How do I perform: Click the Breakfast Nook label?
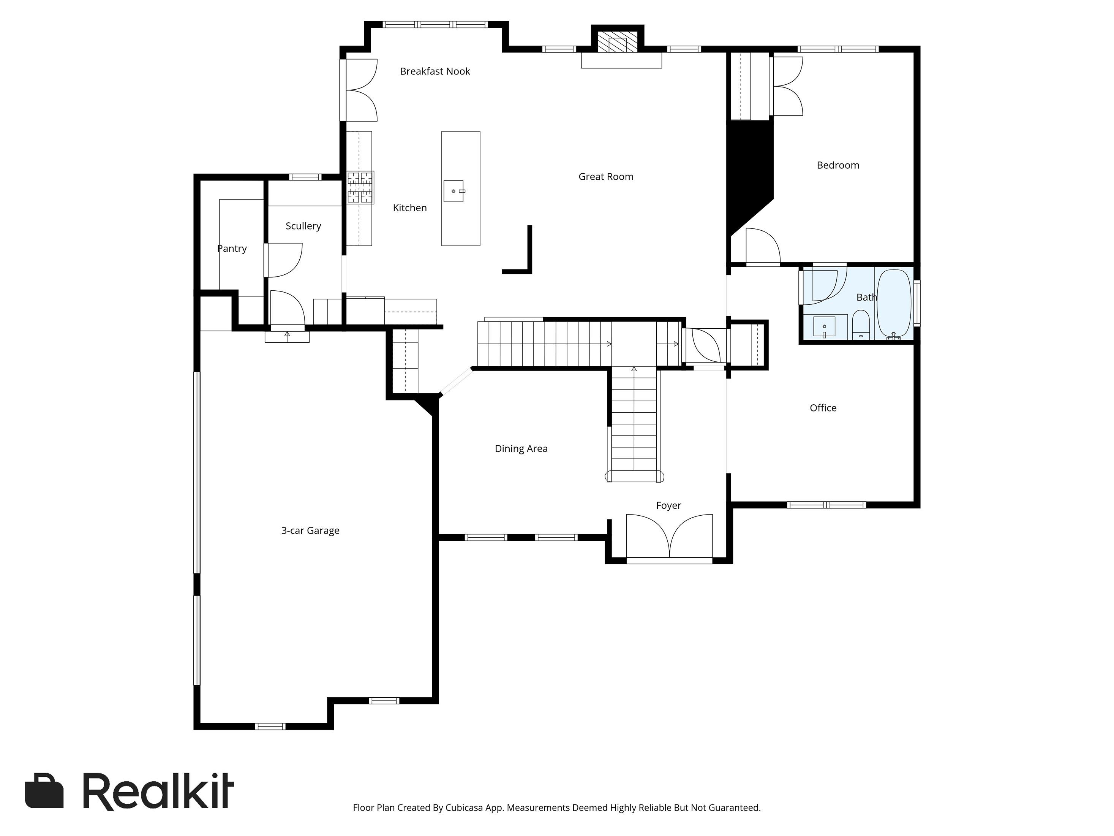pos(435,71)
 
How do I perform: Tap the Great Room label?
pos(606,177)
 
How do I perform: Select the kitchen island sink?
pos(453,191)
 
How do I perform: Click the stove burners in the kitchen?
pos(360,187)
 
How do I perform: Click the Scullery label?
pos(303,226)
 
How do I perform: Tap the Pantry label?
pos(232,249)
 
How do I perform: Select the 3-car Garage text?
pos(310,530)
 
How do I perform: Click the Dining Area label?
pos(521,448)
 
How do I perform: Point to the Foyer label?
pos(668,505)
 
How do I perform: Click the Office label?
pos(823,408)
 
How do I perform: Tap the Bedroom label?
pos(838,165)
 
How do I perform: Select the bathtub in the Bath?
pos(894,304)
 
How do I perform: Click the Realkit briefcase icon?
pos(44,791)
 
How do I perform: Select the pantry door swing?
pos(284,260)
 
